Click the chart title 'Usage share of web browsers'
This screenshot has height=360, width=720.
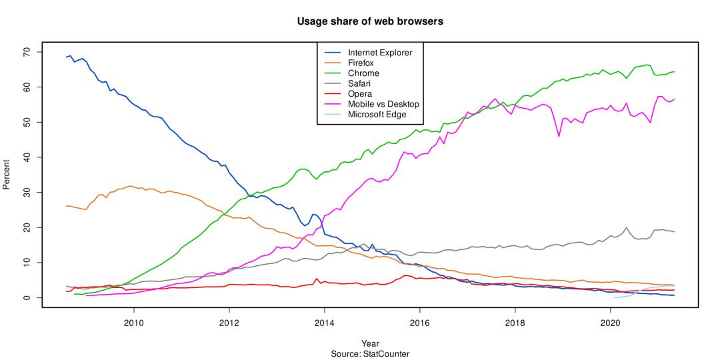370,21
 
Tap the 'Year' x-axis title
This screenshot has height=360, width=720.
370,343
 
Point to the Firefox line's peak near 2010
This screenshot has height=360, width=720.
130,186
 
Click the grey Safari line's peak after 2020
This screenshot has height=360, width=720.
626,228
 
